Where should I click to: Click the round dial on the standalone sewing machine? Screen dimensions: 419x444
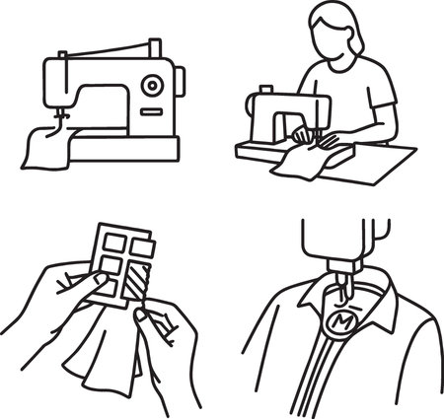tap(151, 86)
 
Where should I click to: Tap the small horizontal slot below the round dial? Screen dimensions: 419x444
tap(151, 109)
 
